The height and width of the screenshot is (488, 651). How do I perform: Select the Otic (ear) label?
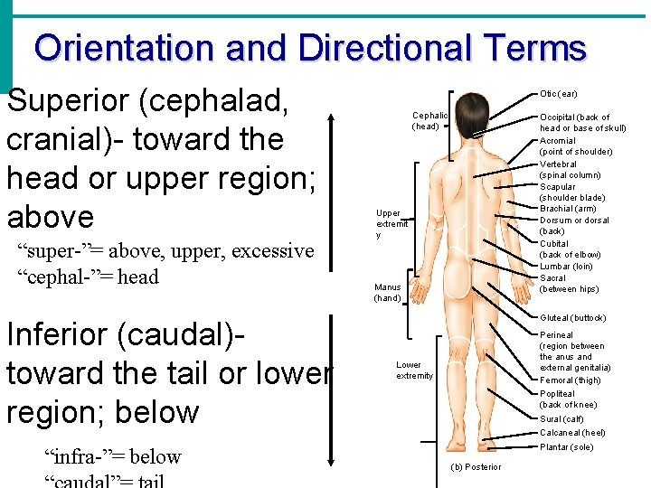click(x=558, y=94)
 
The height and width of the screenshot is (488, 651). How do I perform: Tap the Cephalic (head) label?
click(x=429, y=121)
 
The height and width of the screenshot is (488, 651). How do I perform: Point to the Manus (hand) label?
click(x=387, y=293)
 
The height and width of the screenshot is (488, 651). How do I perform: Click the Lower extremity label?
click(x=414, y=371)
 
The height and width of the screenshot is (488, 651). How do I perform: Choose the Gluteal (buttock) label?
click(x=572, y=318)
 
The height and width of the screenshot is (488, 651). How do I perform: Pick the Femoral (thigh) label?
click(x=570, y=380)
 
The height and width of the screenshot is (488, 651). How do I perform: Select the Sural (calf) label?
click(x=561, y=419)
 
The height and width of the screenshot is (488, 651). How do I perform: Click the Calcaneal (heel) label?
click(x=572, y=433)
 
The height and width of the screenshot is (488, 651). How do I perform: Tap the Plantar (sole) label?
click(x=566, y=447)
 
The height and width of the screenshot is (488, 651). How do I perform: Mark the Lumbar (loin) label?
click(x=566, y=267)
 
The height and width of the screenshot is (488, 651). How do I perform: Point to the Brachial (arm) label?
click(x=568, y=209)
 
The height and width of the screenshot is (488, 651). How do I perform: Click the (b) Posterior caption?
click(x=475, y=467)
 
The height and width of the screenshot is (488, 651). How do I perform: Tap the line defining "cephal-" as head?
click(x=88, y=277)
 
